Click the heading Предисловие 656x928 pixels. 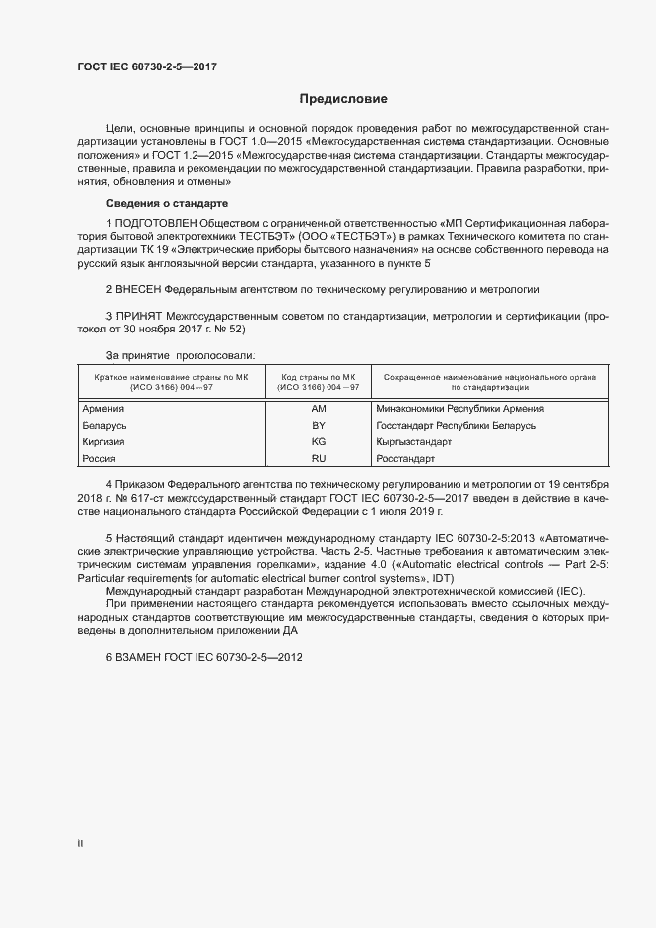coord(344,99)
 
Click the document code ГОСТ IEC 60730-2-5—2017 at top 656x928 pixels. coord(147,67)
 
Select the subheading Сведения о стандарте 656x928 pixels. coord(167,203)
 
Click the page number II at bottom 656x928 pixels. coord(80,843)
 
